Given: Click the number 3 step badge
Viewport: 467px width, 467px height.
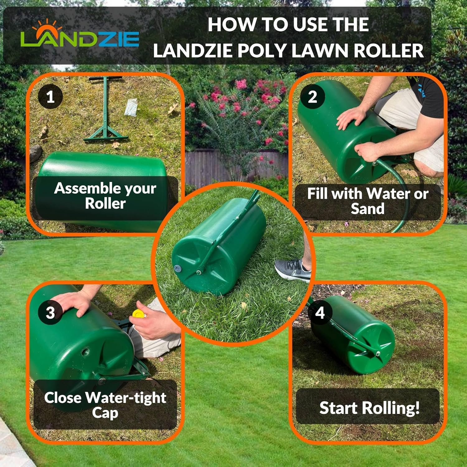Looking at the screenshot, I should tap(50, 313).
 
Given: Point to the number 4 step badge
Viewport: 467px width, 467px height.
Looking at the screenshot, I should tap(320, 313).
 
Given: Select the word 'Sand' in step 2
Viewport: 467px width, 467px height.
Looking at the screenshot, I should tap(367, 209).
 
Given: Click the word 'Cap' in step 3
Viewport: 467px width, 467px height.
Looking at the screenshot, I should tap(105, 413).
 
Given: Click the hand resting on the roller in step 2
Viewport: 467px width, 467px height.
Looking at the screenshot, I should tap(352, 118).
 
